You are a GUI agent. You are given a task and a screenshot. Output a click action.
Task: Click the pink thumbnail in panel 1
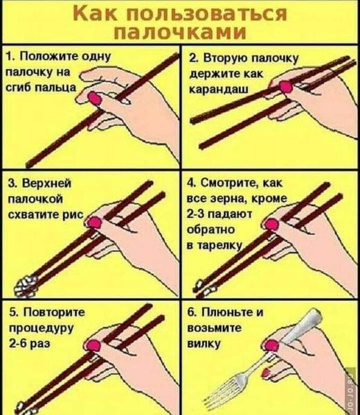(95, 98)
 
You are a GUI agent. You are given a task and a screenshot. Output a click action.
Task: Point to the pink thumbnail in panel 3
(95, 222)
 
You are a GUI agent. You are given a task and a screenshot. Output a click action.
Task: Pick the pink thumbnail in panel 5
(93, 346)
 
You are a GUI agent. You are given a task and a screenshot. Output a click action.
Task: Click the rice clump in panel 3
(25, 286)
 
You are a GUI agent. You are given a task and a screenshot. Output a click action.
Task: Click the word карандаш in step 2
(219, 90)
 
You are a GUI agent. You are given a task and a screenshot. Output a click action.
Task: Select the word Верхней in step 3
(46, 183)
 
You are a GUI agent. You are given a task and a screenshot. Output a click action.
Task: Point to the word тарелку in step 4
(219, 246)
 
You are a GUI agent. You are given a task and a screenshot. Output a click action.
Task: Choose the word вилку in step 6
(204, 344)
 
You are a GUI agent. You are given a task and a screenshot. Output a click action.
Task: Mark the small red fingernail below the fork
(267, 373)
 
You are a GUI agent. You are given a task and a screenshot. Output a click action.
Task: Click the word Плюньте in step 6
(228, 313)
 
